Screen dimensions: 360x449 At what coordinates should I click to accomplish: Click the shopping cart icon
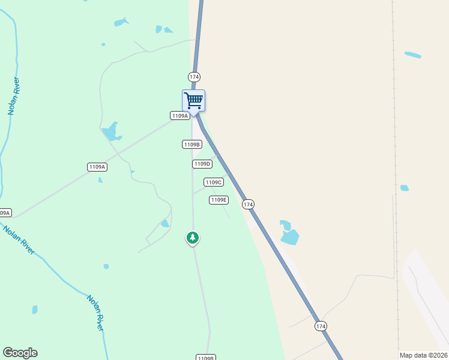click(193, 100)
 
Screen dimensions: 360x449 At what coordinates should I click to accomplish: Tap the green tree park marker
click(192, 238)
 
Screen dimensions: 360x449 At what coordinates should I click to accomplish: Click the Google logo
click(20, 353)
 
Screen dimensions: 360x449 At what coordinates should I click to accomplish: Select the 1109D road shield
click(202, 164)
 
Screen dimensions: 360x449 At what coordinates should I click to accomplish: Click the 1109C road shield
click(214, 182)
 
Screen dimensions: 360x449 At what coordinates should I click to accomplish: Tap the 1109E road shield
click(218, 200)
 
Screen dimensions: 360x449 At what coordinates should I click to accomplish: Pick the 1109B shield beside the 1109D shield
click(191, 145)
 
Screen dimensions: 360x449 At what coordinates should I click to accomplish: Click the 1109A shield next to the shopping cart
click(179, 116)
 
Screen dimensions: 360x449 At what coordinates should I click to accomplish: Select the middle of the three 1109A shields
click(97, 167)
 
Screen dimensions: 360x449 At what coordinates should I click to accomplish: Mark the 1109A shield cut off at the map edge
click(5, 213)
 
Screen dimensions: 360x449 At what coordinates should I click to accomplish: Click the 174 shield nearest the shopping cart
click(194, 77)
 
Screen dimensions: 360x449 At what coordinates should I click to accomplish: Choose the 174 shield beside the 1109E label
click(249, 205)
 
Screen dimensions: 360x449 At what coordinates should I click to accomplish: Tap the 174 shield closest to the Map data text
click(321, 326)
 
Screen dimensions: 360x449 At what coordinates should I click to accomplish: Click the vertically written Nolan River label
click(13, 96)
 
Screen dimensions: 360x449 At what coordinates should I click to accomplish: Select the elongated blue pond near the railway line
click(412, 55)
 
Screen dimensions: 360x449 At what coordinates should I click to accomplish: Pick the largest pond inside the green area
click(110, 131)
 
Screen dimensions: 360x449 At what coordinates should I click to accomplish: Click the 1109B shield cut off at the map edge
click(205, 358)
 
